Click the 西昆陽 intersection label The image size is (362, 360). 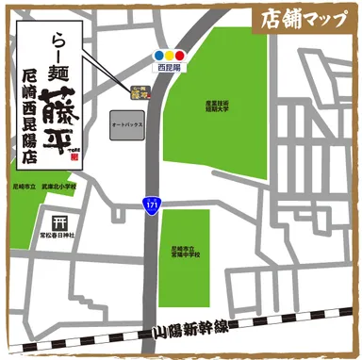coord(168,69)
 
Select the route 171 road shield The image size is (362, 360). coord(151,204)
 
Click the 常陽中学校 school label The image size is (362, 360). coord(184,250)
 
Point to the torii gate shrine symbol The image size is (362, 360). coord(58,223)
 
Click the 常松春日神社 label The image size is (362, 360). coord(59,237)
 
